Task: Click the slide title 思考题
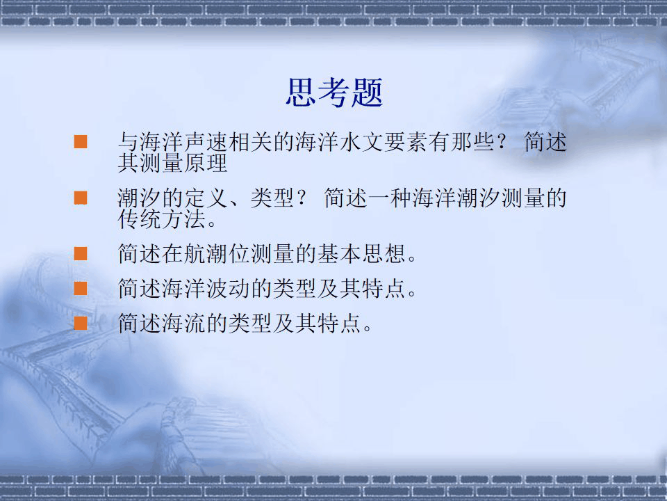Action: pos(334,93)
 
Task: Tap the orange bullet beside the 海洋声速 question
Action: pos(81,143)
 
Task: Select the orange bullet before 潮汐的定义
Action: pos(81,198)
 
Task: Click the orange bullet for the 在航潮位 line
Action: pos(81,253)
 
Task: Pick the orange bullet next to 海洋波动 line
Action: pos(81,287)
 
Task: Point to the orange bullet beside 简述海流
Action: pos(81,322)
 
